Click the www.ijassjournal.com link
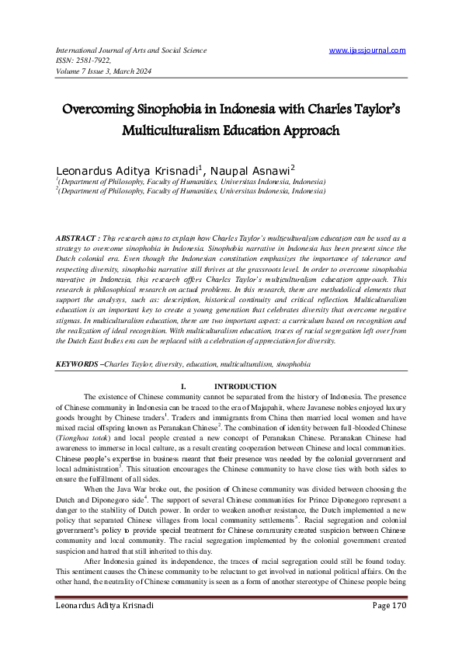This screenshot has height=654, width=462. (367, 50)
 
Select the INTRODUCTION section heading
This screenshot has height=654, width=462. (245, 386)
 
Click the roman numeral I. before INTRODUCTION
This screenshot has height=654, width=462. (182, 386)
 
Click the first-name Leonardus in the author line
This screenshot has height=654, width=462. (88, 168)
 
